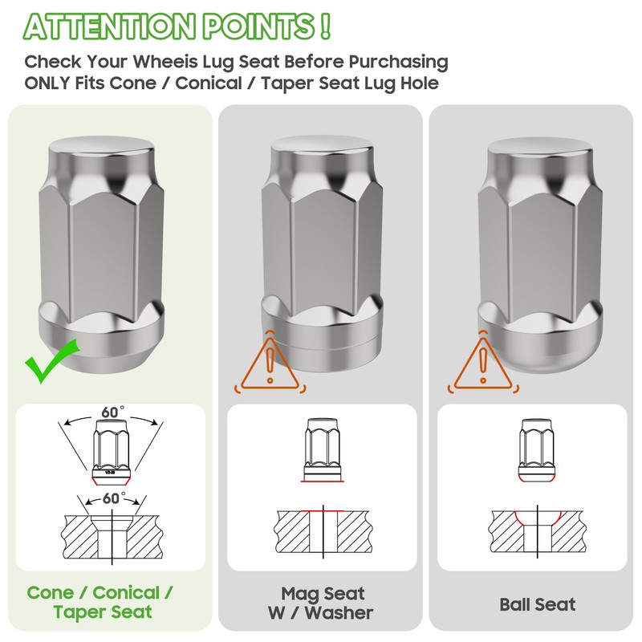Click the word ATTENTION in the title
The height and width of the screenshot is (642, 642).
tap(108, 26)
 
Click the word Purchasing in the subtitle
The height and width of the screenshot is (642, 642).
tap(398, 63)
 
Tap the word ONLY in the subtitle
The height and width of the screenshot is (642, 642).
tap(47, 83)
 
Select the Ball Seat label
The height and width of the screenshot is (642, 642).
tap(537, 604)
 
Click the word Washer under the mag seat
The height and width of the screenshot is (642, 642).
tap(339, 613)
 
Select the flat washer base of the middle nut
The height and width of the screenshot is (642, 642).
tap(323, 344)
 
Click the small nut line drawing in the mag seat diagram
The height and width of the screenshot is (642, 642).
tap(323, 449)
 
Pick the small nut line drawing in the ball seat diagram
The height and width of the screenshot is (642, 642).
tap(537, 449)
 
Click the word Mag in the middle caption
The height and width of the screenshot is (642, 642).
tap(297, 594)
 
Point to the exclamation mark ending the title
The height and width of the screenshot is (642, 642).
tap(325, 26)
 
